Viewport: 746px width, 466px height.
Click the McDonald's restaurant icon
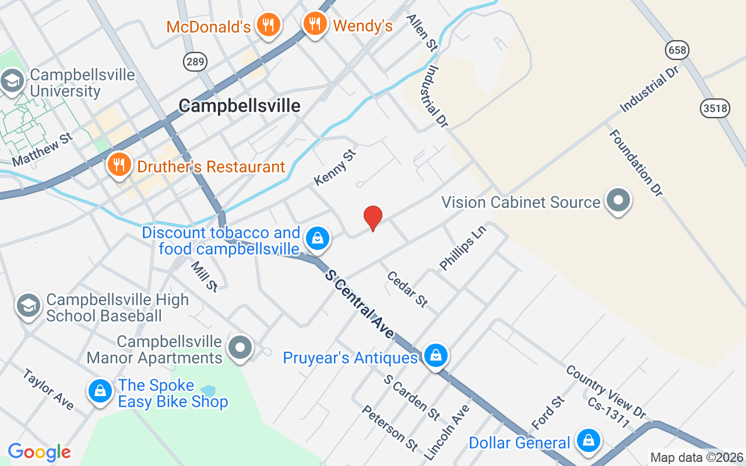tap(268, 25)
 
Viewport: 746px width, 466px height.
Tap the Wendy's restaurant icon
tap(315, 23)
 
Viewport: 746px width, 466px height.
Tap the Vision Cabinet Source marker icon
tap(618, 202)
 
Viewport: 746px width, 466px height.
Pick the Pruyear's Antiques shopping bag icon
tap(435, 355)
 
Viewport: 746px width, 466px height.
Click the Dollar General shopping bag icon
tap(589, 442)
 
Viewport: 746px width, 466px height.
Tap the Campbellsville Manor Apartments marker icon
tap(240, 348)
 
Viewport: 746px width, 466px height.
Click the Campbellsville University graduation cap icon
tap(12, 82)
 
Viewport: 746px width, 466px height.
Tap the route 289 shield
tap(195, 61)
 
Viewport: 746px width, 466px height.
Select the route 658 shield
tap(677, 51)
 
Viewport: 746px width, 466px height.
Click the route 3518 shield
tap(715, 108)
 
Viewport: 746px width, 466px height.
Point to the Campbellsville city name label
tap(240, 105)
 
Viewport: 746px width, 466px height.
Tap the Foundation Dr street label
tap(636, 164)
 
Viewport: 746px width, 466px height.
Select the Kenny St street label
tap(335, 167)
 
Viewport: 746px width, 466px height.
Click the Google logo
tap(39, 452)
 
